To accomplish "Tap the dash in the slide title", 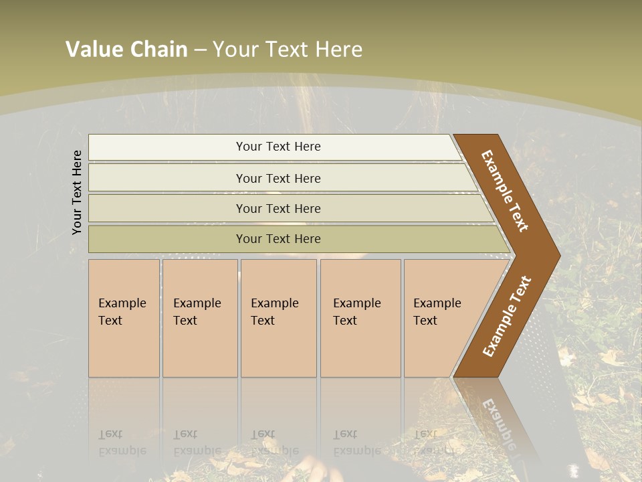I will [200, 50].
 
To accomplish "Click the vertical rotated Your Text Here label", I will [77, 192].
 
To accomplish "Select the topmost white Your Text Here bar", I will [278, 147].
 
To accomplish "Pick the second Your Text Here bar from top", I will [278, 178].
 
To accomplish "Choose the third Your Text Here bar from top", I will [278, 208].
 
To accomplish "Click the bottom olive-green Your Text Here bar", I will [278, 239].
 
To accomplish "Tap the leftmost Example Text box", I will [124, 318].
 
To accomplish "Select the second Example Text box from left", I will [200, 318].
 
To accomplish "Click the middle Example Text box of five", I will [278, 318].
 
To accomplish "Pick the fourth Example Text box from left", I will [360, 318].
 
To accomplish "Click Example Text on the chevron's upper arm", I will [505, 191].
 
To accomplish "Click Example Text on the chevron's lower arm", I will [507, 317].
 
